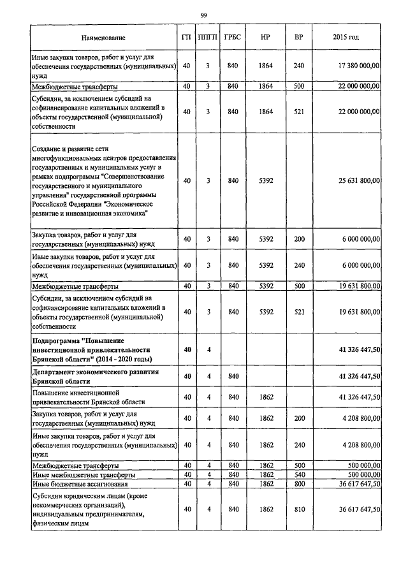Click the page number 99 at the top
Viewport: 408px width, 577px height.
tap(203, 15)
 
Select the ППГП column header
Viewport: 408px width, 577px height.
tap(208, 38)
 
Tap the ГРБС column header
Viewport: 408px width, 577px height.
tap(233, 38)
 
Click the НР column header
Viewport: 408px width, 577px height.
tap(266, 38)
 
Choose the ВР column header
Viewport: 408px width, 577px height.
tap(298, 38)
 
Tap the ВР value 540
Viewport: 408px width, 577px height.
tap(298, 475)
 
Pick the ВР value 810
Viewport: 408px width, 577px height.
tap(298, 509)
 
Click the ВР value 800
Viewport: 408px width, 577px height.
tap(298, 485)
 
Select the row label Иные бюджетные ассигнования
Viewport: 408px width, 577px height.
tap(80, 485)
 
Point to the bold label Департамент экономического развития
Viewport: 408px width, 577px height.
tap(95, 376)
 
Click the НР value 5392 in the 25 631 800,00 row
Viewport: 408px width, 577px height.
tap(266, 181)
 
